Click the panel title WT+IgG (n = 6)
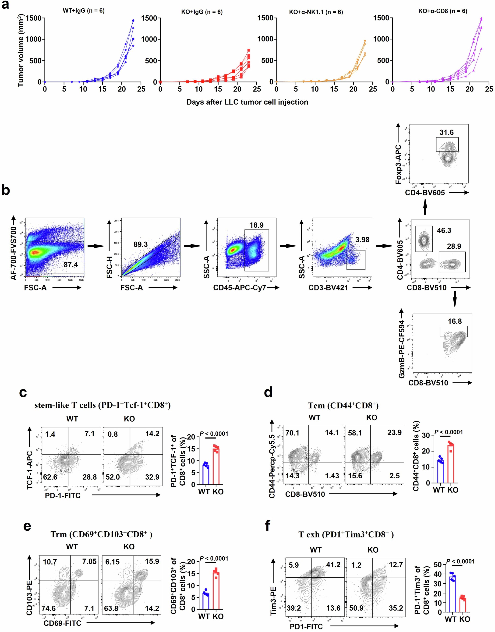click(x=84, y=11)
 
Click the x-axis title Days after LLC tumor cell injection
click(x=247, y=102)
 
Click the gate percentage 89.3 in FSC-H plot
click(x=141, y=244)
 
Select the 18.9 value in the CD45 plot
click(x=256, y=225)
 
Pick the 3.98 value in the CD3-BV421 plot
click(x=362, y=240)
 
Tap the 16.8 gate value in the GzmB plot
click(x=454, y=321)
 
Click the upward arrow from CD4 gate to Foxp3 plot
click(x=425, y=208)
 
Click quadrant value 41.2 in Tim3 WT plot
click(x=333, y=565)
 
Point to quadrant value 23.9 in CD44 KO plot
click(x=394, y=433)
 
